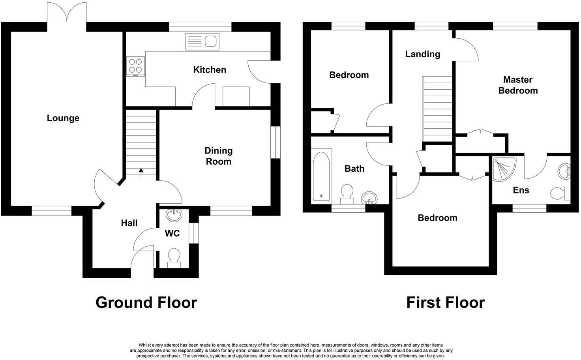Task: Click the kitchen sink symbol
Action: pos(202,42)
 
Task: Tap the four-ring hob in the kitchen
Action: pos(135,67)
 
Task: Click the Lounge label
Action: pos(63,118)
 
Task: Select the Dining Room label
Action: pos(219,156)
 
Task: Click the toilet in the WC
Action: pos(174,258)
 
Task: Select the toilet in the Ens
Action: pos(560,193)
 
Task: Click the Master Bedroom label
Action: pos(518,85)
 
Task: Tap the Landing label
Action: pos(422,54)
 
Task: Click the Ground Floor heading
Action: pos(146,303)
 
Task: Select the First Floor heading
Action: pos(445,303)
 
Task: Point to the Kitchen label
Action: pos(210,70)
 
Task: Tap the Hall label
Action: pos(129,223)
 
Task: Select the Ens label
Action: pos(521,190)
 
